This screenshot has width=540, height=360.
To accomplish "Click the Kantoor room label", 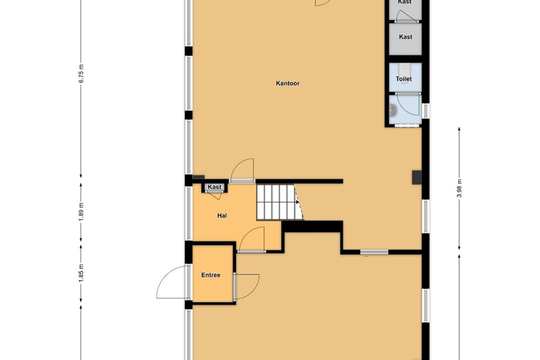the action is tap(287, 83).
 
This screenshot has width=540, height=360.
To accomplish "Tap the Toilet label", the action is tap(404, 79).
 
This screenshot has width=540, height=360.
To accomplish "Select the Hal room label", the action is tap(222, 216).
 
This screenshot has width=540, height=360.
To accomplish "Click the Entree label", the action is tap(210, 275).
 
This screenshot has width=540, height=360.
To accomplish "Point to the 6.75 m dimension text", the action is tap(81, 73).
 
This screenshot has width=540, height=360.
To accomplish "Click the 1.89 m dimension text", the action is tap(81, 212).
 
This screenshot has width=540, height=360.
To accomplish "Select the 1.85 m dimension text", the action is tap(81, 273).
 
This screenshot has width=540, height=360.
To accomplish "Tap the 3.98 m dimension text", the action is tap(459, 189).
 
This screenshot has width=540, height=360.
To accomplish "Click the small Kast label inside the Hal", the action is tap(215, 187).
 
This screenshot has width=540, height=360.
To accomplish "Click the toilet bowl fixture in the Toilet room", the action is tap(404, 68).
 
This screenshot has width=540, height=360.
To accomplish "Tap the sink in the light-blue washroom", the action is tap(393, 110).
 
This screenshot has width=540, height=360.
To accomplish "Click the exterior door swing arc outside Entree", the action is tap(165, 278).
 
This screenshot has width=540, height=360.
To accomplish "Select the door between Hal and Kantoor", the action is tap(242, 170).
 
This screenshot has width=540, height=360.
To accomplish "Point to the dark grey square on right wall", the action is tap(417, 177).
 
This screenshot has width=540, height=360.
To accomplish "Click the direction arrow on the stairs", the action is tap(297, 202).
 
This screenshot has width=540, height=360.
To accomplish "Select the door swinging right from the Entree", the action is tap(246, 287).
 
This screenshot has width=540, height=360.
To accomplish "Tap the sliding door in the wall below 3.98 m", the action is tap(374, 253).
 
